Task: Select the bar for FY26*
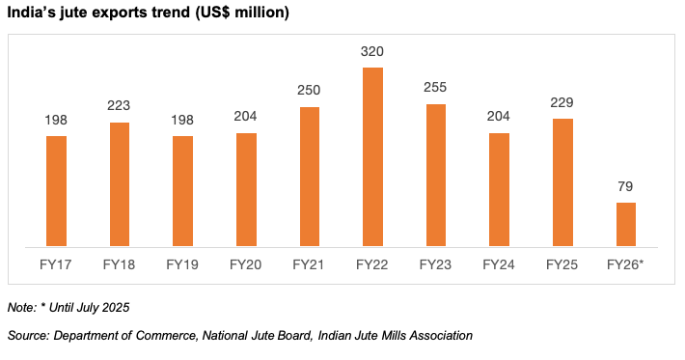[x=625, y=224]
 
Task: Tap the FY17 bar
[x=56, y=191]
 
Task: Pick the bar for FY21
[x=310, y=176]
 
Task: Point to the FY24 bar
[x=499, y=189]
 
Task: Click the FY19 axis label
[x=182, y=263]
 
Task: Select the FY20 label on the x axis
[x=246, y=263]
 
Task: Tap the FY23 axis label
[x=436, y=263]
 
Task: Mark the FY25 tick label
[x=562, y=263]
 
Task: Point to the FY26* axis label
[x=625, y=263]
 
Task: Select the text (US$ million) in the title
[x=240, y=14]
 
